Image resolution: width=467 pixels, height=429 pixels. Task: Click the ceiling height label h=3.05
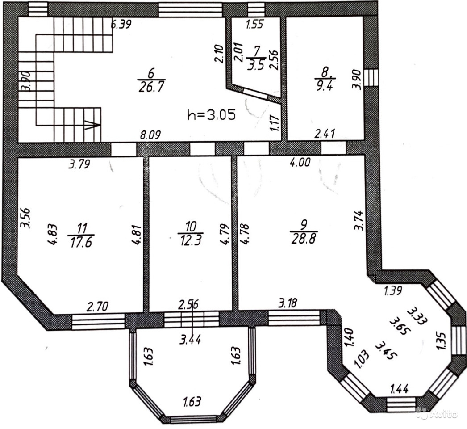pyautogui.click(x=212, y=114)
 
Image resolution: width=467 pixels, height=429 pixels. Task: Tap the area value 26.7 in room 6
pyautogui.click(x=152, y=87)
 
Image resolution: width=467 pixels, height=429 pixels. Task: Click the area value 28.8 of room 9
pyautogui.click(x=304, y=239)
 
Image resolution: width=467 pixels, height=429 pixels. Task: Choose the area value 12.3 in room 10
pyautogui.click(x=191, y=240)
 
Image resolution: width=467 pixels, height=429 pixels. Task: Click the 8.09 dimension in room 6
pyautogui.click(x=150, y=135)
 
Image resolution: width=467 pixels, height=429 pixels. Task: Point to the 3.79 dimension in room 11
pyautogui.click(x=79, y=164)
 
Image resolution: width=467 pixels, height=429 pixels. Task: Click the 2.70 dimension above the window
pyautogui.click(x=97, y=306)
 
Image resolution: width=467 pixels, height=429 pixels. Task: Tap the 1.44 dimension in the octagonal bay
pyautogui.click(x=400, y=389)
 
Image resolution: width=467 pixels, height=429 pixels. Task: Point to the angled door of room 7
pyautogui.click(x=255, y=93)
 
